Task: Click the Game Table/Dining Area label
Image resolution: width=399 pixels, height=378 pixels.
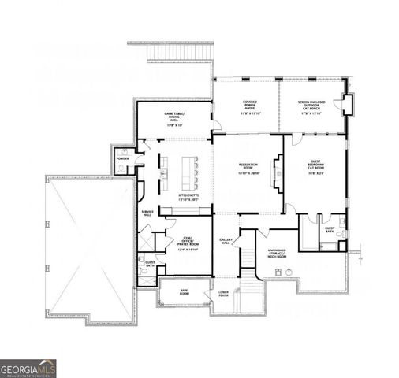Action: pyautogui.click(x=173, y=120)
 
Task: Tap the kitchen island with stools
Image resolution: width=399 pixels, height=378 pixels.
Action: pyautogui.click(x=190, y=169)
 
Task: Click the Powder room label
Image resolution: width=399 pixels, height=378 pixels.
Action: pyautogui.click(x=122, y=158)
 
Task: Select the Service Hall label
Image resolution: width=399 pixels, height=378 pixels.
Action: pyautogui.click(x=147, y=213)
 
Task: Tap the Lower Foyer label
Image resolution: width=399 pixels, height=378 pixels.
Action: pyautogui.click(x=224, y=295)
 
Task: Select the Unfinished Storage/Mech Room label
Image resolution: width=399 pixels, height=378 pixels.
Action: pyautogui.click(x=276, y=254)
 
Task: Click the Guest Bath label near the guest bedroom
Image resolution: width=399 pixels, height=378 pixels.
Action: pyautogui.click(x=330, y=229)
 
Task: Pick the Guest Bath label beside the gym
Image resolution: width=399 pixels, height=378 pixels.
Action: pyautogui.click(x=149, y=264)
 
